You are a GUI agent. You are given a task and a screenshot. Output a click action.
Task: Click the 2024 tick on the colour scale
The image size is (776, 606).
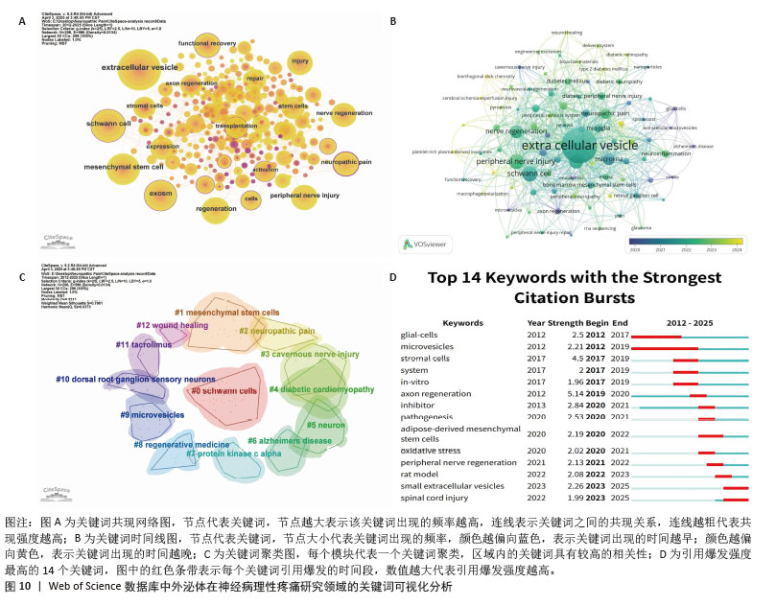pyautogui.click(x=734, y=247)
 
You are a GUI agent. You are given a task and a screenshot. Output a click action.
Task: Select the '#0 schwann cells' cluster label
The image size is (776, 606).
pyautogui.click(x=223, y=390)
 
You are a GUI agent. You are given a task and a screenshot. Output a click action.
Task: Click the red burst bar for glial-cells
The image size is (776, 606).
pyautogui.click(x=657, y=337)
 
